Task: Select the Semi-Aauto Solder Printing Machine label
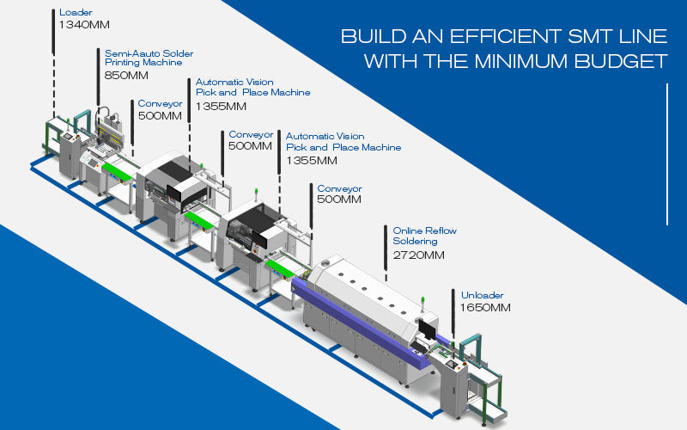[x=143, y=57]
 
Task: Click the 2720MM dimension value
[x=419, y=255]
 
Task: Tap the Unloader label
[x=482, y=294]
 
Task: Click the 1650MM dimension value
[x=486, y=307]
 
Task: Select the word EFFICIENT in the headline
[x=491, y=38]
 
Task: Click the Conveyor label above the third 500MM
[x=340, y=188]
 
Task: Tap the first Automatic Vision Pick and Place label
[x=248, y=87]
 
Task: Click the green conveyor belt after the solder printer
[x=116, y=171]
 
